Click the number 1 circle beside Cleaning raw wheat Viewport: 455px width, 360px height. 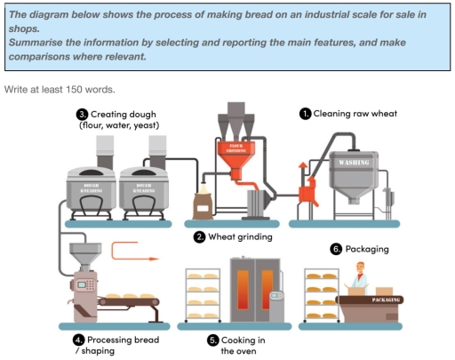305,114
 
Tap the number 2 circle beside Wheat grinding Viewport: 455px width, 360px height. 201,236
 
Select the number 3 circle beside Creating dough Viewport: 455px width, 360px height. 83,114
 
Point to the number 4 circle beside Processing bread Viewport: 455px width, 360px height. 79,340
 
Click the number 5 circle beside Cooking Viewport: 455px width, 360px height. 212,340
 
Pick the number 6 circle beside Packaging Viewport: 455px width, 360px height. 336,249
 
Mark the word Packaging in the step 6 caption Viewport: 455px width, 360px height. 367,249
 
